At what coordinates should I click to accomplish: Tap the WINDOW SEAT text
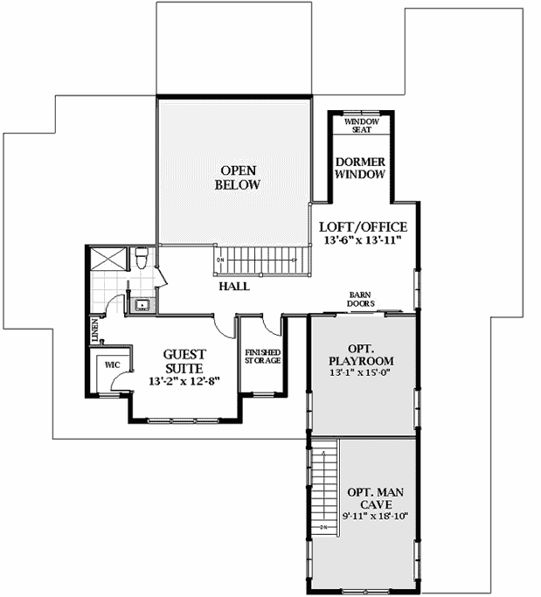(362, 125)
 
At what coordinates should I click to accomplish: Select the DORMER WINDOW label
(362, 168)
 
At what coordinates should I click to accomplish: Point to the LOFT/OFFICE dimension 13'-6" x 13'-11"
(362, 239)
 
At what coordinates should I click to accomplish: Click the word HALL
(234, 286)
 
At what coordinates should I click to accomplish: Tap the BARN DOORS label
(362, 300)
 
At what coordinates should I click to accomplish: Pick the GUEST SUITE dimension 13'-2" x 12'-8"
(184, 381)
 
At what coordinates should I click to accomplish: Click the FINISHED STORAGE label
(261, 356)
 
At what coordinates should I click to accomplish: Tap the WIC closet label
(111, 363)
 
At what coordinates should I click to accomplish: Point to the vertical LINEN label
(94, 331)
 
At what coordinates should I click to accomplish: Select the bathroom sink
(141, 306)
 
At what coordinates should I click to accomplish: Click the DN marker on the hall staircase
(221, 260)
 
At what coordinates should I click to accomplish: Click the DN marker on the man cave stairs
(323, 527)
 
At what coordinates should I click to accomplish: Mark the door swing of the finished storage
(273, 325)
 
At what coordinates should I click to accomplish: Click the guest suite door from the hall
(225, 328)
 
